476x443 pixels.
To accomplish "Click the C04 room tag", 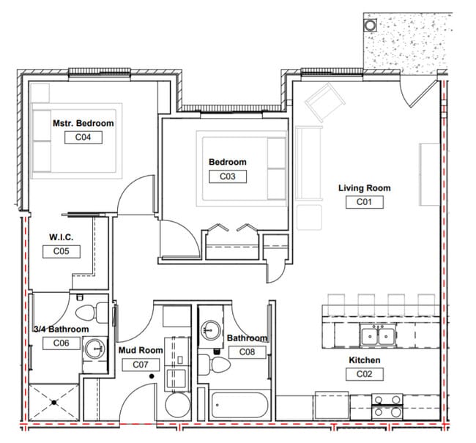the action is tap(83, 138).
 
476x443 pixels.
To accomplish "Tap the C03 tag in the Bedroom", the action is tap(228, 176).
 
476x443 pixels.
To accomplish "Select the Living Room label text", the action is tap(364, 188).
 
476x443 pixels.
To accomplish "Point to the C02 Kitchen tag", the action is tap(364, 374).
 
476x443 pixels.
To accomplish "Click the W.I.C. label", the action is tap(62, 237).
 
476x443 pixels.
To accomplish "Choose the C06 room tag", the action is tap(62, 343).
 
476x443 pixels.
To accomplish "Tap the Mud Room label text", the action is tap(141, 350).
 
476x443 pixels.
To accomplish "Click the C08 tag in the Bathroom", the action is tap(247, 352).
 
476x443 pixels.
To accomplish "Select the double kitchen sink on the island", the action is tap(378, 336).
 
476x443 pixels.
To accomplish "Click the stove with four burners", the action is tap(387, 406).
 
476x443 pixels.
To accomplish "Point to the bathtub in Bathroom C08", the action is tap(239, 405).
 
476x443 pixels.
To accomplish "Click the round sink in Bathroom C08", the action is tap(211, 330).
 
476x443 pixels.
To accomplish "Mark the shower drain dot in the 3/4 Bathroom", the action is tap(54, 403).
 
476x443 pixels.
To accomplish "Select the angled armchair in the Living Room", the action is tap(325, 102).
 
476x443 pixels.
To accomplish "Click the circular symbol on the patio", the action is tap(371, 25).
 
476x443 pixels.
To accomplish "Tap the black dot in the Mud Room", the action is tap(152, 376).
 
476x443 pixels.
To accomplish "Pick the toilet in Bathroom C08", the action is tap(215, 364).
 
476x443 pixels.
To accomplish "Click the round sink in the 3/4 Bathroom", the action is tap(95, 349).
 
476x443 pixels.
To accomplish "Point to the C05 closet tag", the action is tap(62, 251).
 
